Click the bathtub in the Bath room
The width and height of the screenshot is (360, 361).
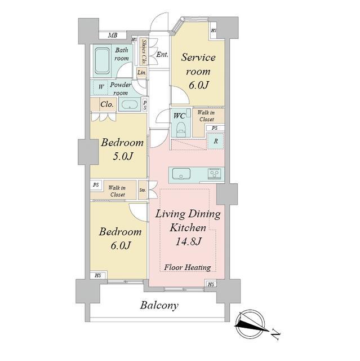[102, 61]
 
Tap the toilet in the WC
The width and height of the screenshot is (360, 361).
[180, 130]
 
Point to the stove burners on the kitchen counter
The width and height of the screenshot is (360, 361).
[214, 173]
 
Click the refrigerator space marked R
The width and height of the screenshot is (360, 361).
[216, 141]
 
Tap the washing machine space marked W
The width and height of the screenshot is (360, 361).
[101, 87]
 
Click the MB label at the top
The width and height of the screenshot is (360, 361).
[113, 35]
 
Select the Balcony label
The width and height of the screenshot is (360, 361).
[159, 305]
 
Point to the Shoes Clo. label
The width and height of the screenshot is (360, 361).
[144, 52]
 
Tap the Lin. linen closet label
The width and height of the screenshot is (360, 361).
[141, 73]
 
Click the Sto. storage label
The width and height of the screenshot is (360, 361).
[143, 190]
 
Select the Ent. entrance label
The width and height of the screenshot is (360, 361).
[162, 55]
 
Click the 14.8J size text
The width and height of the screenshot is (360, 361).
[189, 241]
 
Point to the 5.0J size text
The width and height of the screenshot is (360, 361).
[123, 156]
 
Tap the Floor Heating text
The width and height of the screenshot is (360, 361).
[188, 267]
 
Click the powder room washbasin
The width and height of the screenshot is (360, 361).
[130, 104]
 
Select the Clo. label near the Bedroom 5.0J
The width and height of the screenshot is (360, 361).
[107, 104]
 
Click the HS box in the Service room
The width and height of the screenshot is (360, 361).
[214, 30]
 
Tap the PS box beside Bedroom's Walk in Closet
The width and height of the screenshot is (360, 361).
[96, 184]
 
